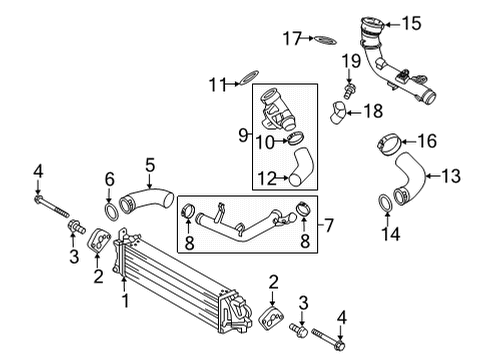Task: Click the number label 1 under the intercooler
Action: (126, 299)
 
